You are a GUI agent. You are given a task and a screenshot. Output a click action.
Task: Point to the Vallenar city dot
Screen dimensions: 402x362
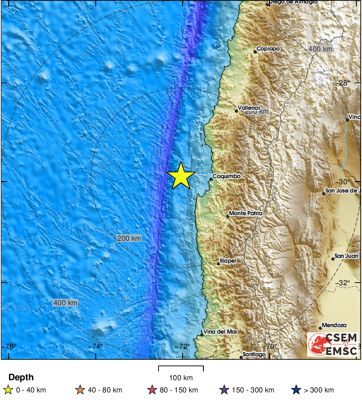(237, 111)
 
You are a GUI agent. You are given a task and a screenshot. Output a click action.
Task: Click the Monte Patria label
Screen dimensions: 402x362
(246, 213)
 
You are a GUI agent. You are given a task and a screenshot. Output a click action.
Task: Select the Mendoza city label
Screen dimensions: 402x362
(334, 325)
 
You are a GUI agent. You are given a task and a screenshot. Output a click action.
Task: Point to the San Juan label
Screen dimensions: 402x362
(346, 256)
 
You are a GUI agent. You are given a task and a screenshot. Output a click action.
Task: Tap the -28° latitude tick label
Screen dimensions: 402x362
(345, 83)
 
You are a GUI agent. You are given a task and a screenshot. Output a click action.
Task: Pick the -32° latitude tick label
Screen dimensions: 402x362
(345, 283)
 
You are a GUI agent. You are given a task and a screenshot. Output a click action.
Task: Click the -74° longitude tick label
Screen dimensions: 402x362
(97, 347)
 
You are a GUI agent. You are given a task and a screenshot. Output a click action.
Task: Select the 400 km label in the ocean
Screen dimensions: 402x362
(65, 303)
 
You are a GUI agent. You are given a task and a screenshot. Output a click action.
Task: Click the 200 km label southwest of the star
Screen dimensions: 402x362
(129, 238)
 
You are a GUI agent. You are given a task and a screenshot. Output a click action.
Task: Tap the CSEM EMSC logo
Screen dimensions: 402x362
(334, 344)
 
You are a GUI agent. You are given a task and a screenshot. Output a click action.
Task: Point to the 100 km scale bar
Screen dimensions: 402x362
(181, 368)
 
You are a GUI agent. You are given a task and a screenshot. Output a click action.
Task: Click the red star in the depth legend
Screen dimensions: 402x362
(152, 390)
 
